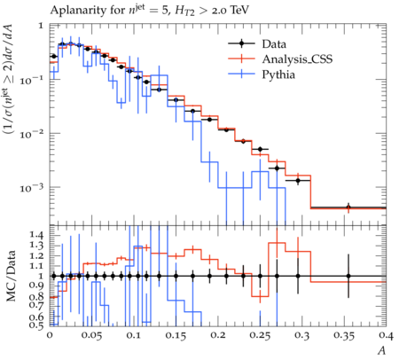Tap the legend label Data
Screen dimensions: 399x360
[274, 44]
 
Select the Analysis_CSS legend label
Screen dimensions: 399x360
[297, 59]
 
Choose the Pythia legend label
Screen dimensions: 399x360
[278, 74]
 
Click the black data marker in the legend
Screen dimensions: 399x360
[241, 44]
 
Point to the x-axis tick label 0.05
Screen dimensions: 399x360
[91, 336]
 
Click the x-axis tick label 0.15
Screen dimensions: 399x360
[176, 336]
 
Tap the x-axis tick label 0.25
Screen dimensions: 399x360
[260, 336]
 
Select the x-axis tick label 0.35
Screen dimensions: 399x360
[344, 336]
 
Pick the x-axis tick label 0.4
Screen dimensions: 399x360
[386, 336]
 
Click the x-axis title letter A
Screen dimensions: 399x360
[382, 350]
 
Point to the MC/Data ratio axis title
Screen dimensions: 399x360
[12, 276]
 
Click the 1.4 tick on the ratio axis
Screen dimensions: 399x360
[37, 236]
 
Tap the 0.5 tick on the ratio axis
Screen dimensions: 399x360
[37, 325]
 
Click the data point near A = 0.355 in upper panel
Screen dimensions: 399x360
[348, 207]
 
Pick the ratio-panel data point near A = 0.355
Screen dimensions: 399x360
[348, 276]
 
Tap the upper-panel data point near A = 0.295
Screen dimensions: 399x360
[298, 180]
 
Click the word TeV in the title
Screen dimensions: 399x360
[239, 11]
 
